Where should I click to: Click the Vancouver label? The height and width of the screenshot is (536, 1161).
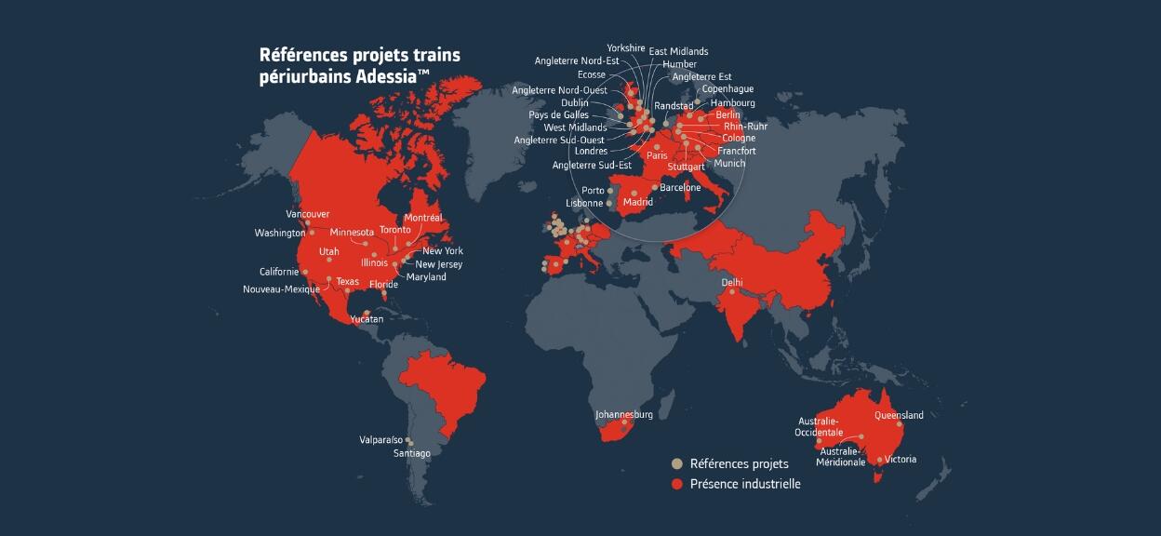click(x=307, y=214)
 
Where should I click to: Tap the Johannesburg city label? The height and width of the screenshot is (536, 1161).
click(x=624, y=414)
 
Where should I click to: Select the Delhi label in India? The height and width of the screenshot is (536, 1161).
click(x=732, y=282)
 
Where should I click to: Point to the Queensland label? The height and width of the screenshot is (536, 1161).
click(x=899, y=415)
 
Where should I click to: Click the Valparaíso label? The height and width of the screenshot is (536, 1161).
click(x=381, y=439)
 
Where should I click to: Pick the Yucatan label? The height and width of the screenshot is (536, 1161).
click(x=367, y=319)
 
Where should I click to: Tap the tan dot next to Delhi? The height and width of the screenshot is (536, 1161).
click(x=732, y=292)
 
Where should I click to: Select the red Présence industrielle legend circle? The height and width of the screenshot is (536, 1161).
click(x=677, y=484)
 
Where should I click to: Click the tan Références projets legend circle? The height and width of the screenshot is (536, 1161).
click(x=677, y=463)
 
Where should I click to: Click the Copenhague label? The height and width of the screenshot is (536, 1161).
click(x=727, y=89)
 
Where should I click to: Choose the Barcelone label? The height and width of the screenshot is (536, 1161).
click(x=680, y=188)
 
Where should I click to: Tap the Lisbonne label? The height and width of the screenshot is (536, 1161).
click(x=584, y=203)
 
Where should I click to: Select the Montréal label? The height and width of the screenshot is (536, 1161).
click(x=423, y=218)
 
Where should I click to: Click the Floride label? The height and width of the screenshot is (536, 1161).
click(x=383, y=285)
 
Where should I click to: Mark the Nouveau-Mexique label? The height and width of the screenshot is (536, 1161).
click(x=281, y=289)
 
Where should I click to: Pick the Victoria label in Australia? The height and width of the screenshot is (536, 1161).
click(x=901, y=460)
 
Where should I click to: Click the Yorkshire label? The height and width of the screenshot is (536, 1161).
click(x=625, y=47)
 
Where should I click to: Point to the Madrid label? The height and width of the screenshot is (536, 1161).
click(x=638, y=202)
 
